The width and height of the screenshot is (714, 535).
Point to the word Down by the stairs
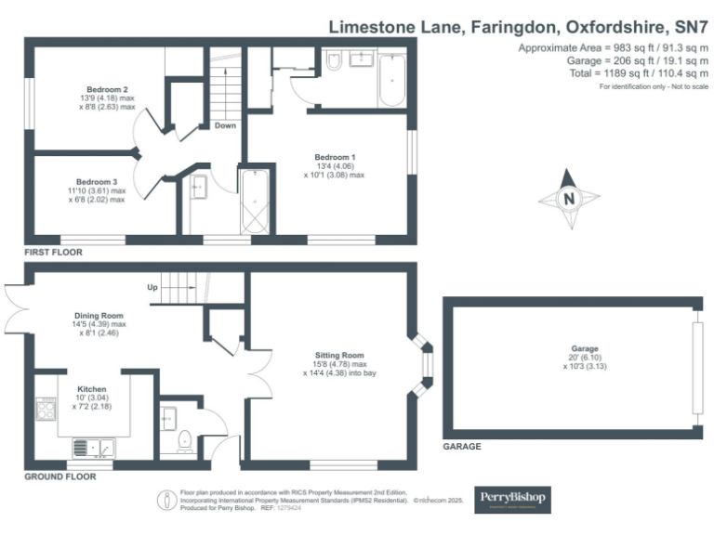(225, 125)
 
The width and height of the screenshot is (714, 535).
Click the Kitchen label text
(92, 388)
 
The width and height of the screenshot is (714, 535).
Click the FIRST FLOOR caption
(53, 252)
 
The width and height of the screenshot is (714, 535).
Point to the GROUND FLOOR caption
(61, 476)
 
